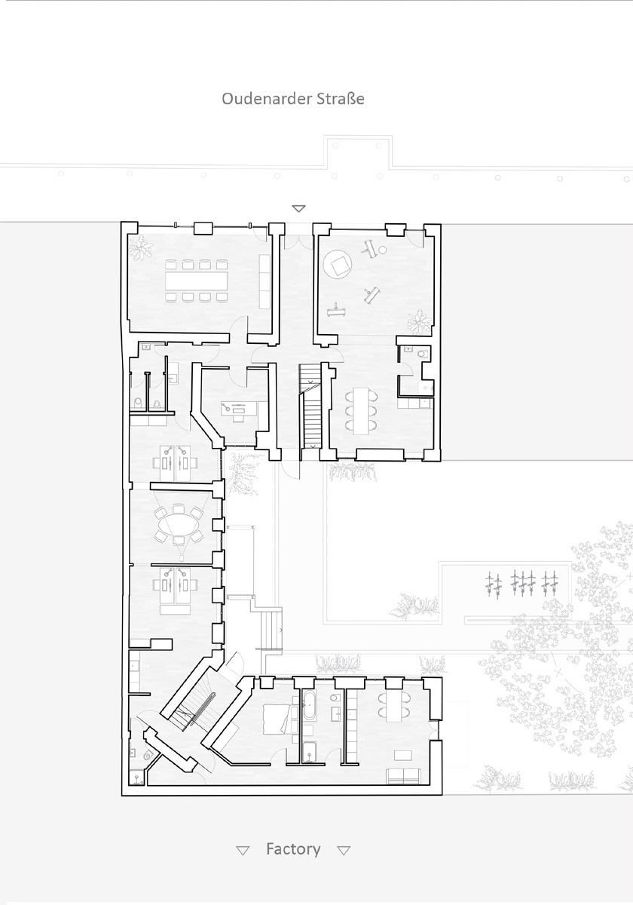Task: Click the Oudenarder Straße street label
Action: (293, 99)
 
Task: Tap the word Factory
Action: (293, 848)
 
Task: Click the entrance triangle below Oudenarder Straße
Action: (298, 208)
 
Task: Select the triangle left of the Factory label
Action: (243, 851)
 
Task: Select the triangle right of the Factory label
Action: (344, 851)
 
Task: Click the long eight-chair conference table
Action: (196, 281)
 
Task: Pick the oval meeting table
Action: (179, 525)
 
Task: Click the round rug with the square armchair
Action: (338, 264)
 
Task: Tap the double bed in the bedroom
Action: (278, 720)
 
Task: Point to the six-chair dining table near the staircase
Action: (361, 410)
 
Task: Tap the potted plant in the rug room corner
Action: (418, 322)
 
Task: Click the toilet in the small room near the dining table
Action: (423, 354)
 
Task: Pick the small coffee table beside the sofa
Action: (403, 755)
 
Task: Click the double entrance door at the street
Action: (298, 241)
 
